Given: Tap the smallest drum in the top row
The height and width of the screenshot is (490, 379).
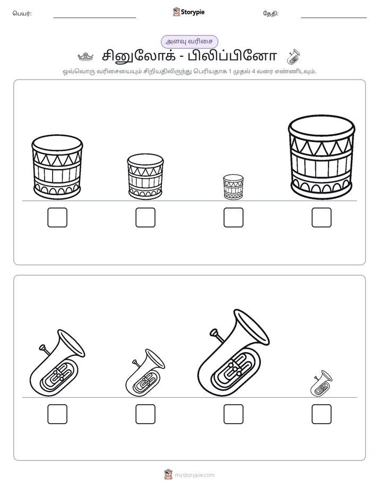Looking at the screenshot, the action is pos(233,187).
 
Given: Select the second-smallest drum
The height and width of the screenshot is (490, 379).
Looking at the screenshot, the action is pos(145,177).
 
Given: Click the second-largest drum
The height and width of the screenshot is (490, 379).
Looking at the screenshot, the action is pos(57,167).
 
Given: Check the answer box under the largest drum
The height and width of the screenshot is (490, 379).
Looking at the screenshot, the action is pos(322,217).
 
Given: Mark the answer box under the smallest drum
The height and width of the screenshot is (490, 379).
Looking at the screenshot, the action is pos(233,217).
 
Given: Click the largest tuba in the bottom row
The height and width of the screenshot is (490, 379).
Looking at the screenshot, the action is pos(233,353).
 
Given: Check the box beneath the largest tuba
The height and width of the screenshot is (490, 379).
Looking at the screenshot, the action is pos(233,414).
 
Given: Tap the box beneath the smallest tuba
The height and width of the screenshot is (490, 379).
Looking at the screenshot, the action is pos(322,414).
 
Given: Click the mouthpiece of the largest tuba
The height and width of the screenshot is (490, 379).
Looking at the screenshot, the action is pos(214,332).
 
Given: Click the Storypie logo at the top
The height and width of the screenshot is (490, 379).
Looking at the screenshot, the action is pos(188,12).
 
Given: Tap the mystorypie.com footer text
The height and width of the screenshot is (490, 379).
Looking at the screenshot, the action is pos(194,475).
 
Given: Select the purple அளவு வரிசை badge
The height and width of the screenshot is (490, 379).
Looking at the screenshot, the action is pos(189,41).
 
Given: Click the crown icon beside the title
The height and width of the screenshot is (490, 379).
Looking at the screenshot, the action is pos(85,57).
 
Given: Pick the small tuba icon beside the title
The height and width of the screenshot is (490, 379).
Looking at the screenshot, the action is pos(294,57).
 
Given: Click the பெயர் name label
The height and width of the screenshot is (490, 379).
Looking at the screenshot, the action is pos(22,13).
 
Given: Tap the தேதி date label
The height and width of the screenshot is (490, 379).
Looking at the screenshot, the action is pos(271,13).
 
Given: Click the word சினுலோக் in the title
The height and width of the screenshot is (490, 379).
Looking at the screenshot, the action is pos(138,56).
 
